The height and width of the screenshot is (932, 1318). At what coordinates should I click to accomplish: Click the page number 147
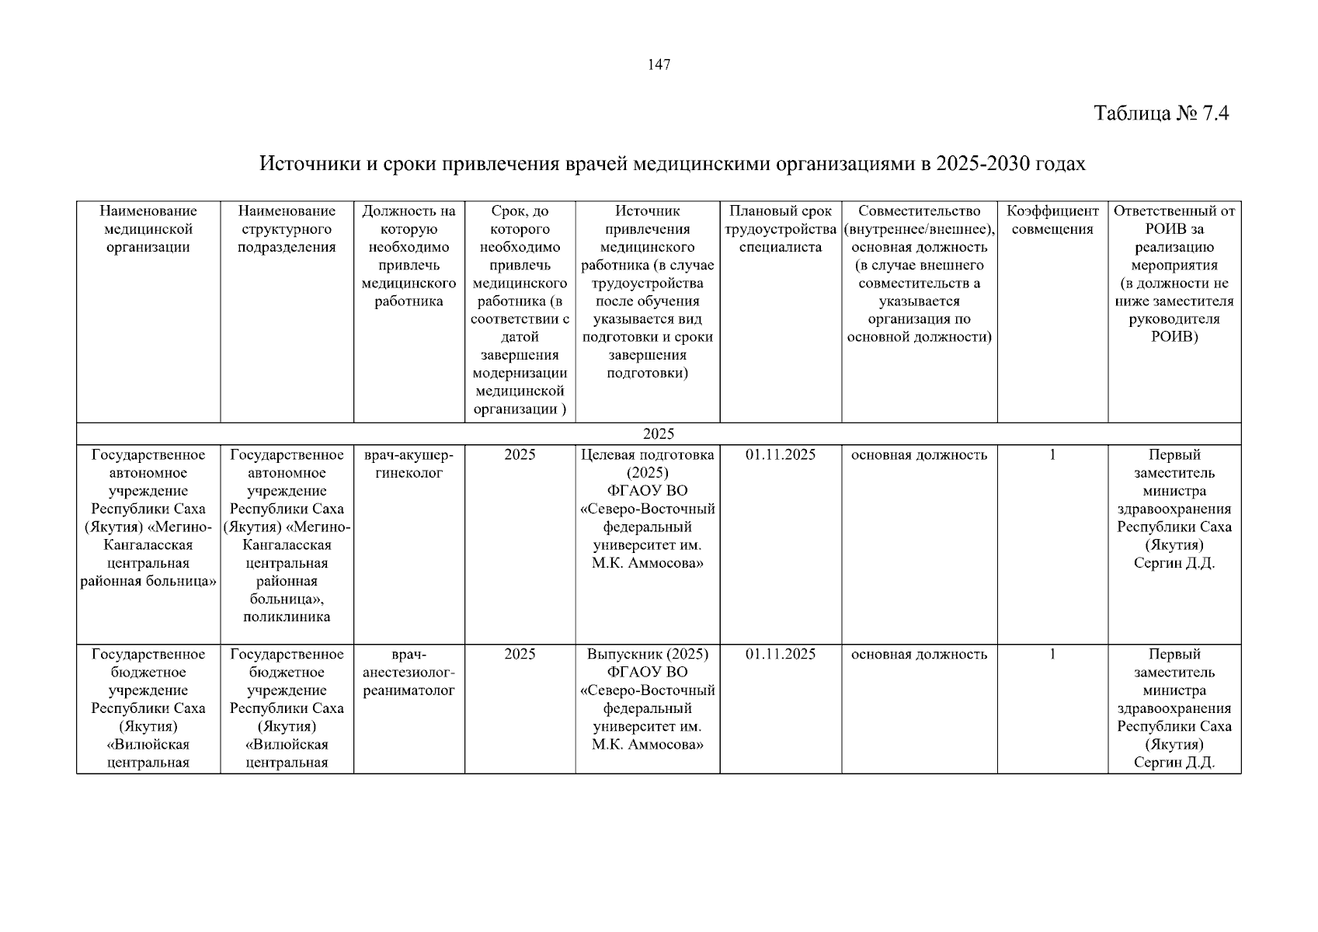(659, 64)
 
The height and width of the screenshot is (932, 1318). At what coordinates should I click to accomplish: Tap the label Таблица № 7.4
(1161, 113)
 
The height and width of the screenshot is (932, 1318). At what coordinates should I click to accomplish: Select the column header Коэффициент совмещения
(1052, 220)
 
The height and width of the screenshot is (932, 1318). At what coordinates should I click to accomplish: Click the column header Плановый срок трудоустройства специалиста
(781, 229)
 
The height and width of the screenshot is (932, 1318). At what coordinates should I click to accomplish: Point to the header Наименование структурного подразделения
(287, 229)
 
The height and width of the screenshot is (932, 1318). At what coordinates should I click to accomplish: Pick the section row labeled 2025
(659, 434)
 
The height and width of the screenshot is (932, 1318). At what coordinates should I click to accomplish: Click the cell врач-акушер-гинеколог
(409, 464)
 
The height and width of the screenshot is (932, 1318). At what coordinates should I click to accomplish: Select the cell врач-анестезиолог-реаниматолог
(409, 673)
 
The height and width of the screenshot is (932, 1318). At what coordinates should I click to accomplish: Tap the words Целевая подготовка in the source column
(647, 455)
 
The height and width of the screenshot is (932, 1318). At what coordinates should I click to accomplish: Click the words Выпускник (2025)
(647, 654)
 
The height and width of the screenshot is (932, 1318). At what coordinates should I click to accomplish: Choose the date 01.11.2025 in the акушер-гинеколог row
(781, 455)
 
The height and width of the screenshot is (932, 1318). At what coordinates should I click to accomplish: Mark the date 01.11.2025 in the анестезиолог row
(781, 654)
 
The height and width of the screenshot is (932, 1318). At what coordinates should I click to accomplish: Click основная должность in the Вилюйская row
(919, 654)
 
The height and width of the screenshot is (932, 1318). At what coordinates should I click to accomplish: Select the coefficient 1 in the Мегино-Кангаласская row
(1052, 455)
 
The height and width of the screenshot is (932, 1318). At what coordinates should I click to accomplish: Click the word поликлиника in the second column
(287, 617)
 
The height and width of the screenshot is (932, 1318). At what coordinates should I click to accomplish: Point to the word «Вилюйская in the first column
(148, 745)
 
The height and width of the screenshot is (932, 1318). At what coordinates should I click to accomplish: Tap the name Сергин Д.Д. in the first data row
(1174, 563)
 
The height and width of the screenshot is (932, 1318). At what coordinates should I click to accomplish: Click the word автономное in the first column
(148, 473)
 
